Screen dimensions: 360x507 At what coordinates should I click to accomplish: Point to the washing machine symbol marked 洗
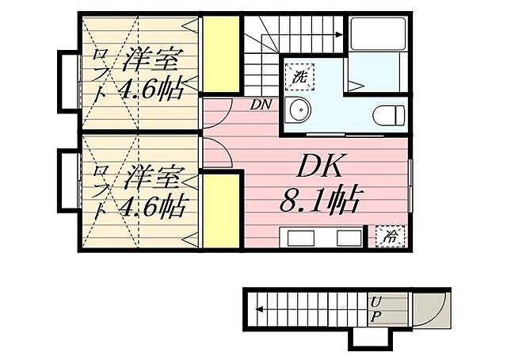click(299, 78)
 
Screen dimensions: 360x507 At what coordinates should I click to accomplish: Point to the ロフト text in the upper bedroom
click(101, 73)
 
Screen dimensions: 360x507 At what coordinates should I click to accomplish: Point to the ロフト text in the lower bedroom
click(101, 190)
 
